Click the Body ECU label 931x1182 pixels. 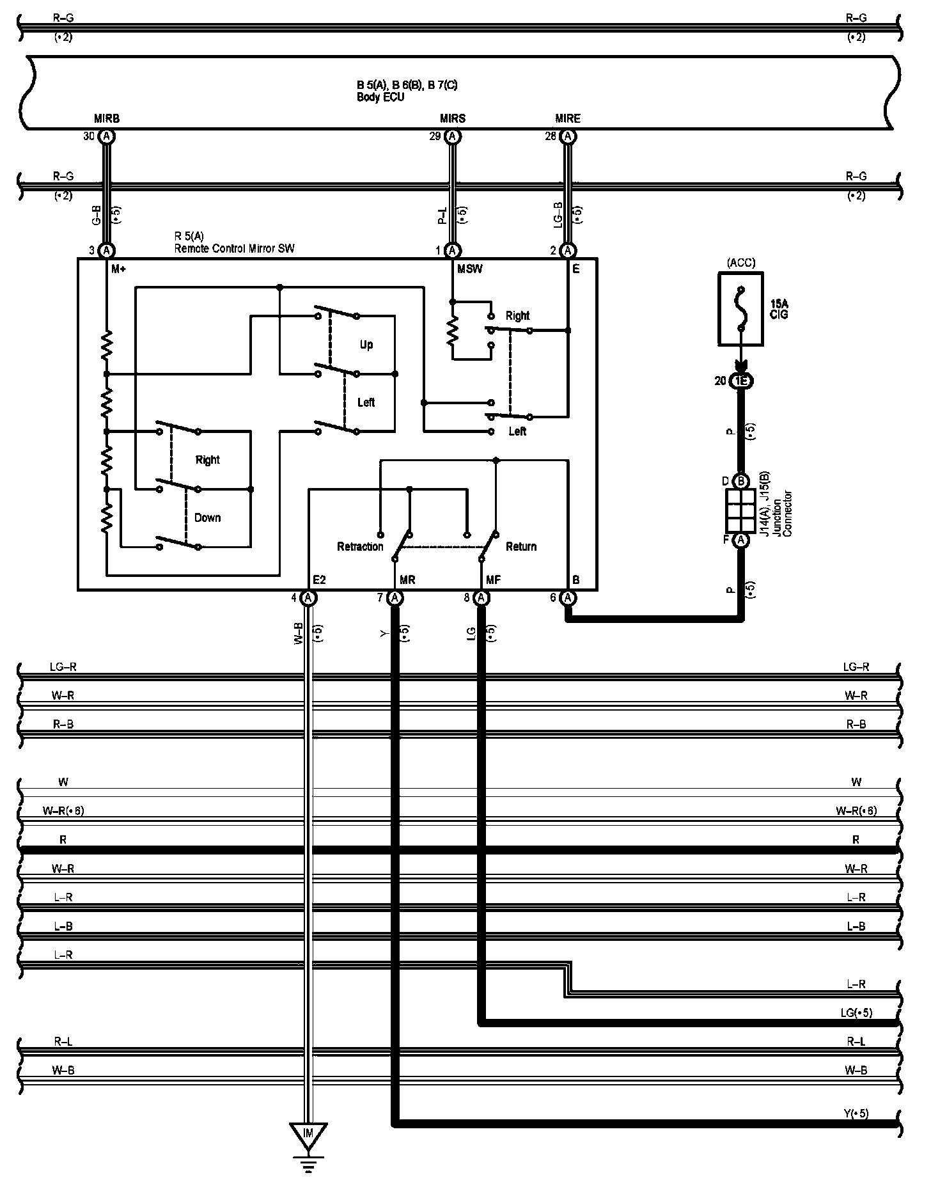380,98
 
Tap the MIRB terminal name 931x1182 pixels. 107,119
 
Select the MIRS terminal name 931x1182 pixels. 453,119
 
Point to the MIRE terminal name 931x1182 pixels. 568,119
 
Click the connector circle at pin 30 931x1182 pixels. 107,136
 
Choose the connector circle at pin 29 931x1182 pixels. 452,136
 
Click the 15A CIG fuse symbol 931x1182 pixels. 741,310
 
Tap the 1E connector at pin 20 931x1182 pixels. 741,381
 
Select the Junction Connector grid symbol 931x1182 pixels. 741,512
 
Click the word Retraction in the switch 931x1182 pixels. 360,547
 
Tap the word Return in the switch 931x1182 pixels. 521,547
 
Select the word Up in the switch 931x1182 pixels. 366,345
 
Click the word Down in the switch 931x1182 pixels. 207,517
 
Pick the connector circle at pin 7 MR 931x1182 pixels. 395,598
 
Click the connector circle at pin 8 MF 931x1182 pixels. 482,598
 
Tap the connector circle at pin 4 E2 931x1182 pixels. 308,598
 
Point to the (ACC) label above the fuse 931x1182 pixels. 741,263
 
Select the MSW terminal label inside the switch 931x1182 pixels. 469,269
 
